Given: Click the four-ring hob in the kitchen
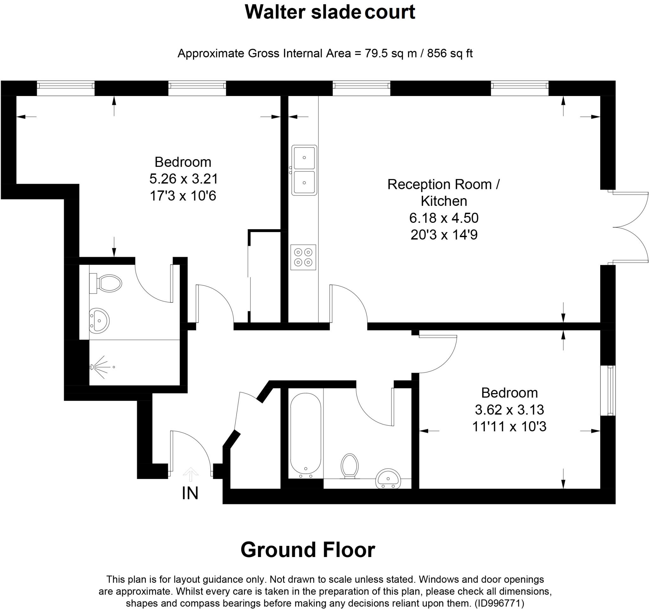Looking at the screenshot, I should (x=303, y=257).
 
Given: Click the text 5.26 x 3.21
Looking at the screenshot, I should (x=183, y=178).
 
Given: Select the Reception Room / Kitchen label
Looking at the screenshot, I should (x=443, y=193).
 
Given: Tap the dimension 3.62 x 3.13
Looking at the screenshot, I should (x=509, y=410).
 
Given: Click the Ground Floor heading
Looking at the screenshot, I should (x=307, y=550).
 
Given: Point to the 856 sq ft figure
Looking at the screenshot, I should (x=450, y=53).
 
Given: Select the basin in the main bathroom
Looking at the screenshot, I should (x=388, y=479).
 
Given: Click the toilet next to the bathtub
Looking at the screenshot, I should (x=349, y=466).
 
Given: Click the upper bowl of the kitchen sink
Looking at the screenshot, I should (x=304, y=158).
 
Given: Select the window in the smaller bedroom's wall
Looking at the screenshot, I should (x=607, y=391).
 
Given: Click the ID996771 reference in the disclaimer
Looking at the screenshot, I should (x=499, y=603).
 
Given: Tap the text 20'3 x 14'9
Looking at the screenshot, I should (x=444, y=235).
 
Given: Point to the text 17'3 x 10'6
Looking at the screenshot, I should (x=183, y=196).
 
